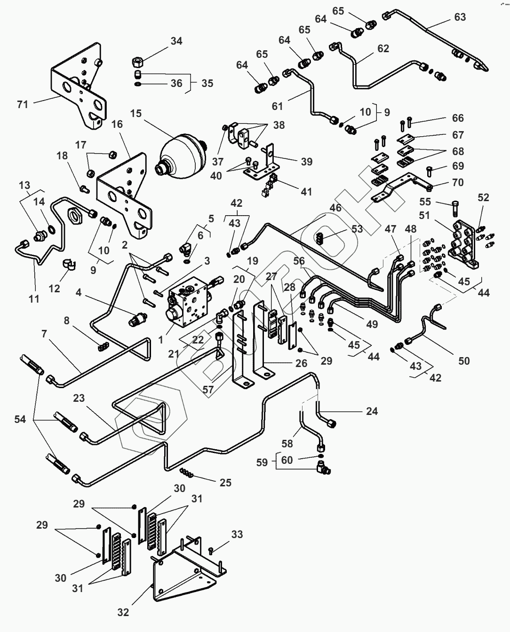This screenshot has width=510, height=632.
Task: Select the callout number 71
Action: click(23, 104)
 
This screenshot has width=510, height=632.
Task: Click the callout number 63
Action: click(460, 17)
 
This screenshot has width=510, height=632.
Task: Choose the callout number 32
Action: click(123, 612)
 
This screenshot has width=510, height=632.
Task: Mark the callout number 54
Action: click(20, 419)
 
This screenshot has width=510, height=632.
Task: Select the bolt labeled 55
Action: click(455, 208)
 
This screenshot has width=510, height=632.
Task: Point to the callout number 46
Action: click(336, 207)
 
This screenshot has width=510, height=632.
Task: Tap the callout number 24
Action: click(372, 411)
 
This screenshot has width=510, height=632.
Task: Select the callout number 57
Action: click(207, 389)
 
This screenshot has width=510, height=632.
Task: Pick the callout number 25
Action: click(225, 483)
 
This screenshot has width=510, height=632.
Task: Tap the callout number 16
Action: click(117, 124)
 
